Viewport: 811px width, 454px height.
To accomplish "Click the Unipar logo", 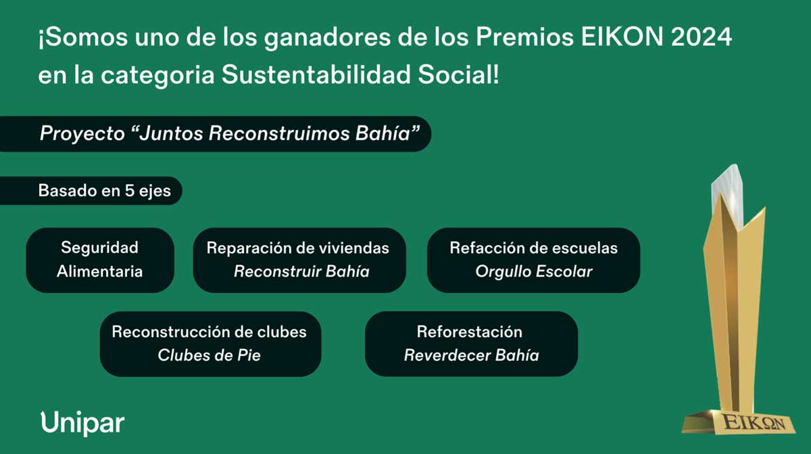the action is click(x=82, y=424).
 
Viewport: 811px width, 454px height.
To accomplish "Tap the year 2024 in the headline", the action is click(x=702, y=37).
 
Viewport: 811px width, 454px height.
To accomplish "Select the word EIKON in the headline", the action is click(x=622, y=37).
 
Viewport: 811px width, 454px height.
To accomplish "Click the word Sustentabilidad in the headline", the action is click(x=316, y=74).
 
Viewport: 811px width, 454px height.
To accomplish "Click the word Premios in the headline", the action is click(x=524, y=37).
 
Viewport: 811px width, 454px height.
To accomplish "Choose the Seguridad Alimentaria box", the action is click(x=100, y=260).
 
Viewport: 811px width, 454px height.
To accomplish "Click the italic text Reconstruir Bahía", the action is click(x=301, y=271).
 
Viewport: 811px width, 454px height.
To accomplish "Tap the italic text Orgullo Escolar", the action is click(x=534, y=271).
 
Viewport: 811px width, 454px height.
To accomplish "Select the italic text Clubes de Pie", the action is click(x=209, y=355).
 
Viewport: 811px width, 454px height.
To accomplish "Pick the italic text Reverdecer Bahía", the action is click(x=472, y=355).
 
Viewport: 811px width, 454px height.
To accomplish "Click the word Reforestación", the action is click(x=470, y=332).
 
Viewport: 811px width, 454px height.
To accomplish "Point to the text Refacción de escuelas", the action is click(x=534, y=248).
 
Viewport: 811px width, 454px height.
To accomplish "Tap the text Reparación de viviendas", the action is click(x=297, y=248).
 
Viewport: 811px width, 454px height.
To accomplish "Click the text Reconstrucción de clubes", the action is click(x=209, y=332).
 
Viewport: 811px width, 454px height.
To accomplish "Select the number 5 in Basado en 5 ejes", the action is click(x=130, y=191).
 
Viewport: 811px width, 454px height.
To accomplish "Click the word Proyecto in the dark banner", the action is click(x=82, y=133).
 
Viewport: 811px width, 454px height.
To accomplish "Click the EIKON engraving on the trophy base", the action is click(x=754, y=423).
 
